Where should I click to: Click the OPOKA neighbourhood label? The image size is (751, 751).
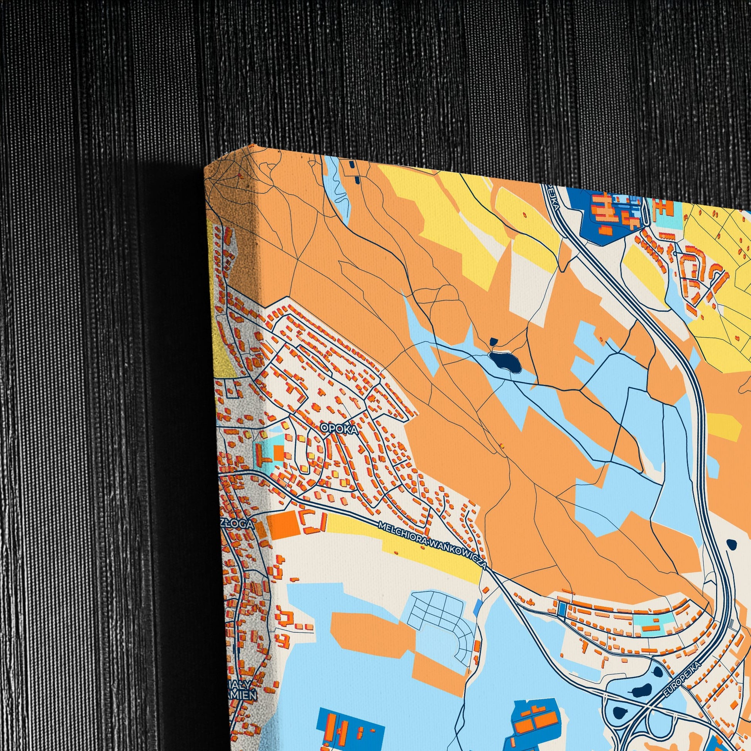pyautogui.click(x=333, y=428)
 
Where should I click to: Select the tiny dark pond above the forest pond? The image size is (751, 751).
pyautogui.click(x=494, y=342)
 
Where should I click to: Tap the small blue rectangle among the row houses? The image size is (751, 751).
pyautogui.click(x=562, y=609)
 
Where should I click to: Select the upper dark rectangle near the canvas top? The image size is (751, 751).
pyautogui.click(x=352, y=165)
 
